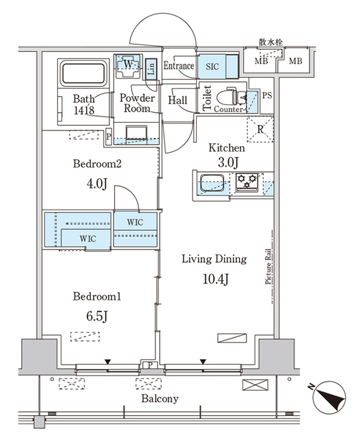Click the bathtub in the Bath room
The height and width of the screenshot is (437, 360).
(83, 73)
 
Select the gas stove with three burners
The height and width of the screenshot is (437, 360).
(247, 182)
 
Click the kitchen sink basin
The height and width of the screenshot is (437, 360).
(212, 182)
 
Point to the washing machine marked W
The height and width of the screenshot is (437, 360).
(128, 66)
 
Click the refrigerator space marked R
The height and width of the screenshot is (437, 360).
(260, 129)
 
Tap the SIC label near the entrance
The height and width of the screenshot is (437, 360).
(212, 67)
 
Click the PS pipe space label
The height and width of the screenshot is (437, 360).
(267, 96)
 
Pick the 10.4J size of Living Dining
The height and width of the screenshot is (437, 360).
(216, 279)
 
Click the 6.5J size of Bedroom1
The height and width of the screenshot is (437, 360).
(97, 316)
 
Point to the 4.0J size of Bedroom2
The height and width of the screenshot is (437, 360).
(97, 184)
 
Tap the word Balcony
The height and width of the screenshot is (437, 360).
(160, 399)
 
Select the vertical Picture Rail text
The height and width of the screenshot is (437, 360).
(268, 267)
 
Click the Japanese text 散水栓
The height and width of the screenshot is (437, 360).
(271, 42)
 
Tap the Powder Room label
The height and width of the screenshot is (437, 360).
(137, 103)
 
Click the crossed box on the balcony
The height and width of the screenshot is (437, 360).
(255, 385)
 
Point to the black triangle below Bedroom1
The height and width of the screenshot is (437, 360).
(108, 362)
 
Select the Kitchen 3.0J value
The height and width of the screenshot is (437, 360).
(228, 163)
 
